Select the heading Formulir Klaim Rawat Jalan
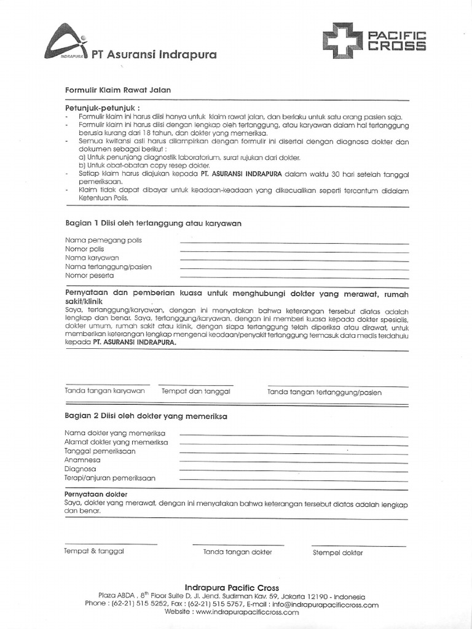click(x=118, y=90)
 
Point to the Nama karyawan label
click(x=92, y=258)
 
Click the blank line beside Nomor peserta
click(x=294, y=277)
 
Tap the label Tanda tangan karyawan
click(x=104, y=391)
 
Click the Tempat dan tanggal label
click(x=195, y=391)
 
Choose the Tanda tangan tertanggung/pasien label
click(x=324, y=392)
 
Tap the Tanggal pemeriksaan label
click(x=100, y=451)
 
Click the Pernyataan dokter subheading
click(x=96, y=494)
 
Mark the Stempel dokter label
click(x=337, y=552)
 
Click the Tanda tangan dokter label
click(x=237, y=552)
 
